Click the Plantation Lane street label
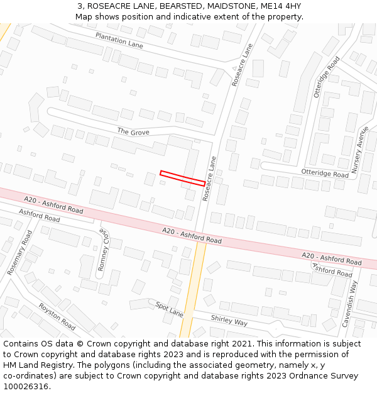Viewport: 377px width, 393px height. (119, 40)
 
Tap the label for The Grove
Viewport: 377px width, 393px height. (133, 132)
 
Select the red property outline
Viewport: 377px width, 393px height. (182, 178)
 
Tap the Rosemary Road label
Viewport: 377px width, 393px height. (19, 252)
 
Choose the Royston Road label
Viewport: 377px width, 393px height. (57, 316)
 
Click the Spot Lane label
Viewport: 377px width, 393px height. (169, 309)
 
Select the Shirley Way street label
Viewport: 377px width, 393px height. (229, 321)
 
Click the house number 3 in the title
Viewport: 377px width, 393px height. (80, 6)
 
